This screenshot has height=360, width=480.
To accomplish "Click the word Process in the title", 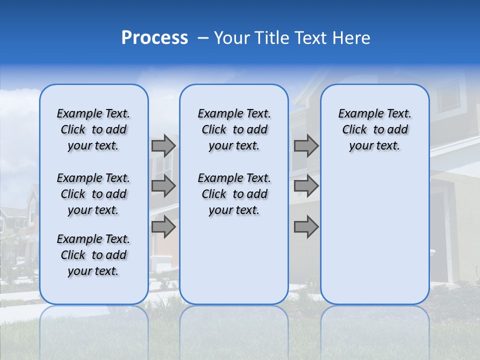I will [x=154, y=37].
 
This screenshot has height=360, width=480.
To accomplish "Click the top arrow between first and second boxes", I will [x=163, y=146].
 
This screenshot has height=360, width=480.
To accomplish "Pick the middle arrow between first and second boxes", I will [x=163, y=186].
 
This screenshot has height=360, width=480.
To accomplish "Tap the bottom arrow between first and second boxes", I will [x=163, y=227].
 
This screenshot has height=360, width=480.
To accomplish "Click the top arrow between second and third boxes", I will [x=306, y=146].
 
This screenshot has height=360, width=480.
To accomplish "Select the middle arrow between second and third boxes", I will [x=306, y=186].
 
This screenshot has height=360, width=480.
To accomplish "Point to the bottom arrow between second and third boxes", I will [x=306, y=227].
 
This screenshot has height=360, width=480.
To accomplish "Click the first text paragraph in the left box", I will [x=93, y=129].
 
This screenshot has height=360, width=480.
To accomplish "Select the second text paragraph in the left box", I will [x=93, y=194].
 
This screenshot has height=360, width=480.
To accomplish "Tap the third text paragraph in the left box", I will [x=93, y=255].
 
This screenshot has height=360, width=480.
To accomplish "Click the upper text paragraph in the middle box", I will [x=234, y=129].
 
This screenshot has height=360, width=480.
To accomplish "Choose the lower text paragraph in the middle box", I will [x=234, y=194].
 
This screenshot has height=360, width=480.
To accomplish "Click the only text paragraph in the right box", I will [x=374, y=129].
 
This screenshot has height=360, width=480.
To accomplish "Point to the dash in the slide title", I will [x=203, y=38].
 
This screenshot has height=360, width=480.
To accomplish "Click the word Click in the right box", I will [x=354, y=129].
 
